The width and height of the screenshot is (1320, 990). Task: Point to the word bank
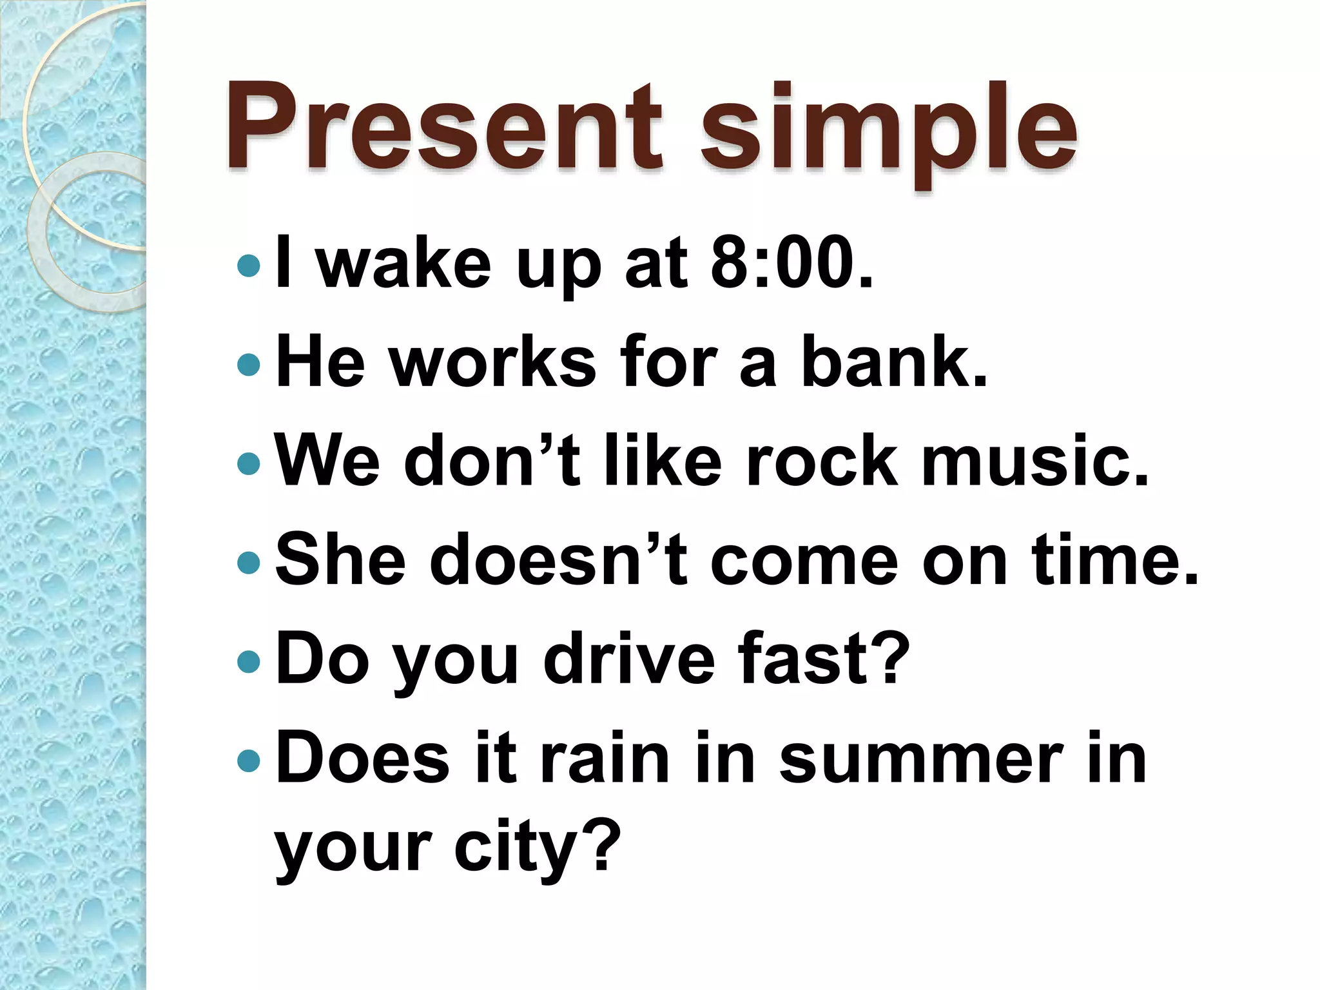pyautogui.click(x=893, y=362)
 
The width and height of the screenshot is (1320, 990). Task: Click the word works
pyautogui.click(x=492, y=362)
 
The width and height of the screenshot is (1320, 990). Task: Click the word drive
pyautogui.click(x=628, y=659)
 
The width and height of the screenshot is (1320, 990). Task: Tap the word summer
pyautogui.click(x=921, y=758)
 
